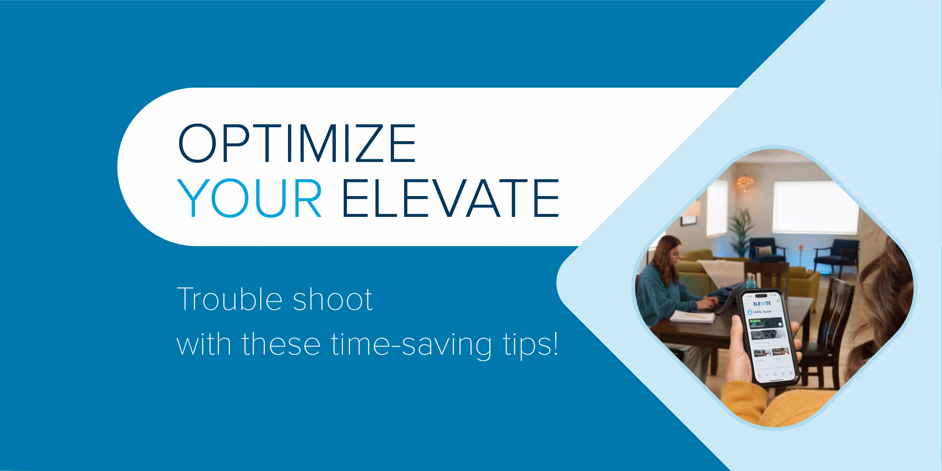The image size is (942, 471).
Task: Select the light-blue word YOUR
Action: click(x=250, y=198)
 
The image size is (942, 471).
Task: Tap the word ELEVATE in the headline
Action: click(x=450, y=198)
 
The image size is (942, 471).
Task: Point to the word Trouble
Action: click(x=230, y=300)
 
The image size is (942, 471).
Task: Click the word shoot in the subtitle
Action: click(x=333, y=300)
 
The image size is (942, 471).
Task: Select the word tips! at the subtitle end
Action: click(x=530, y=344)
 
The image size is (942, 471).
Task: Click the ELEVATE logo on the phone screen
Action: click(x=762, y=304)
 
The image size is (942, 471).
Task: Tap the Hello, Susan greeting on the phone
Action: click(x=762, y=312)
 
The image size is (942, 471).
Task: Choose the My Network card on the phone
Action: click(x=765, y=324)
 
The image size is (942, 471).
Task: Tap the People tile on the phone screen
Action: click(x=760, y=353)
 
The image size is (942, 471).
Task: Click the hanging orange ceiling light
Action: click(x=745, y=183)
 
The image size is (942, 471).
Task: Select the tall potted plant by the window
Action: click(x=741, y=231)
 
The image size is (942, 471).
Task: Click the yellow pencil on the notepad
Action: click(x=695, y=315)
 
